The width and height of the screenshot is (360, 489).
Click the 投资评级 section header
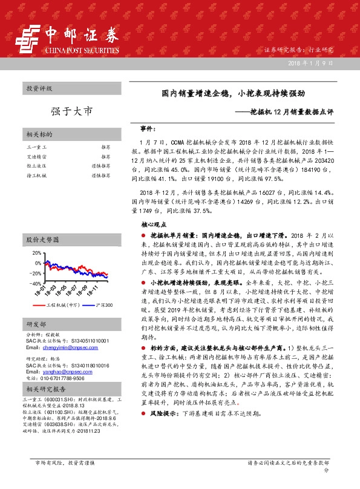39,88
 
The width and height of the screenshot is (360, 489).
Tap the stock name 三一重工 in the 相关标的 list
36,147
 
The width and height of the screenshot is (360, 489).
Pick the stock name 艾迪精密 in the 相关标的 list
36,156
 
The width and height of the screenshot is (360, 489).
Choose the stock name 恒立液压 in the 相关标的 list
36,165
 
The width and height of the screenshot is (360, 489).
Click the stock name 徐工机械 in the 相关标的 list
36,175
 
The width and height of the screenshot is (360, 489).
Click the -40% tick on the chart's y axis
35,283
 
